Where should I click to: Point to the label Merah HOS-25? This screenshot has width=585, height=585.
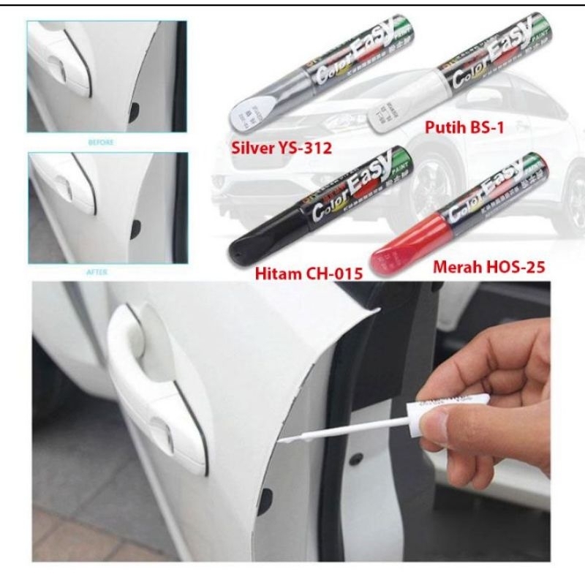[492, 261]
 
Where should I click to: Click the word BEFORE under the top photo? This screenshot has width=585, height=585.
[102, 143]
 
